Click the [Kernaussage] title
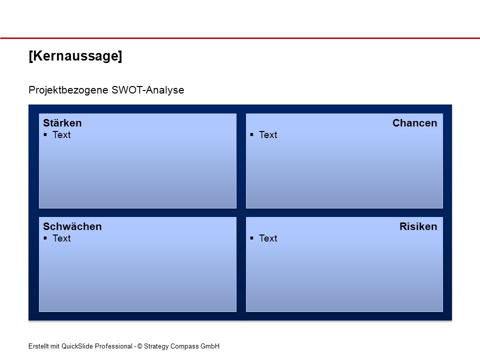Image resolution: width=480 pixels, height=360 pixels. click(x=75, y=56)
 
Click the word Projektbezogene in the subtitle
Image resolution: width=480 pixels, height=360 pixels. click(x=68, y=90)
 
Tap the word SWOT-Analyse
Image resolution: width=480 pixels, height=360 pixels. click(x=148, y=90)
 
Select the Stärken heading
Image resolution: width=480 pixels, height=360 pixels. click(x=62, y=123)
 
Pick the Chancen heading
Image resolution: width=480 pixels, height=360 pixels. click(x=415, y=123)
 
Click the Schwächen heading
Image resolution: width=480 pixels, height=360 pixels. click(x=72, y=226)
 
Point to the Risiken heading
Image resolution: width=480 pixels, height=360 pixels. click(x=418, y=226)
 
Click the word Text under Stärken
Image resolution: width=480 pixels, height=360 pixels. click(x=61, y=134)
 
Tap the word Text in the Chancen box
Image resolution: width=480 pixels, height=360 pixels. click(x=268, y=134)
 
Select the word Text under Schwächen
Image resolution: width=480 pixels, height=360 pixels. click(x=61, y=238)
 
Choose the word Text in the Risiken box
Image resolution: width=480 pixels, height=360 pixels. click(x=268, y=238)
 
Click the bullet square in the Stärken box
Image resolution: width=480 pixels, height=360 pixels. click(x=45, y=134)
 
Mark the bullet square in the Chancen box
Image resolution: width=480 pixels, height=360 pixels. click(x=251, y=134)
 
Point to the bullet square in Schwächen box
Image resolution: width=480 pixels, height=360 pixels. click(x=45, y=238)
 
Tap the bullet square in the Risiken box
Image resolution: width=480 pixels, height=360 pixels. click(x=251, y=238)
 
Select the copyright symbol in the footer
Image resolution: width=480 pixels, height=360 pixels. click(x=140, y=346)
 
